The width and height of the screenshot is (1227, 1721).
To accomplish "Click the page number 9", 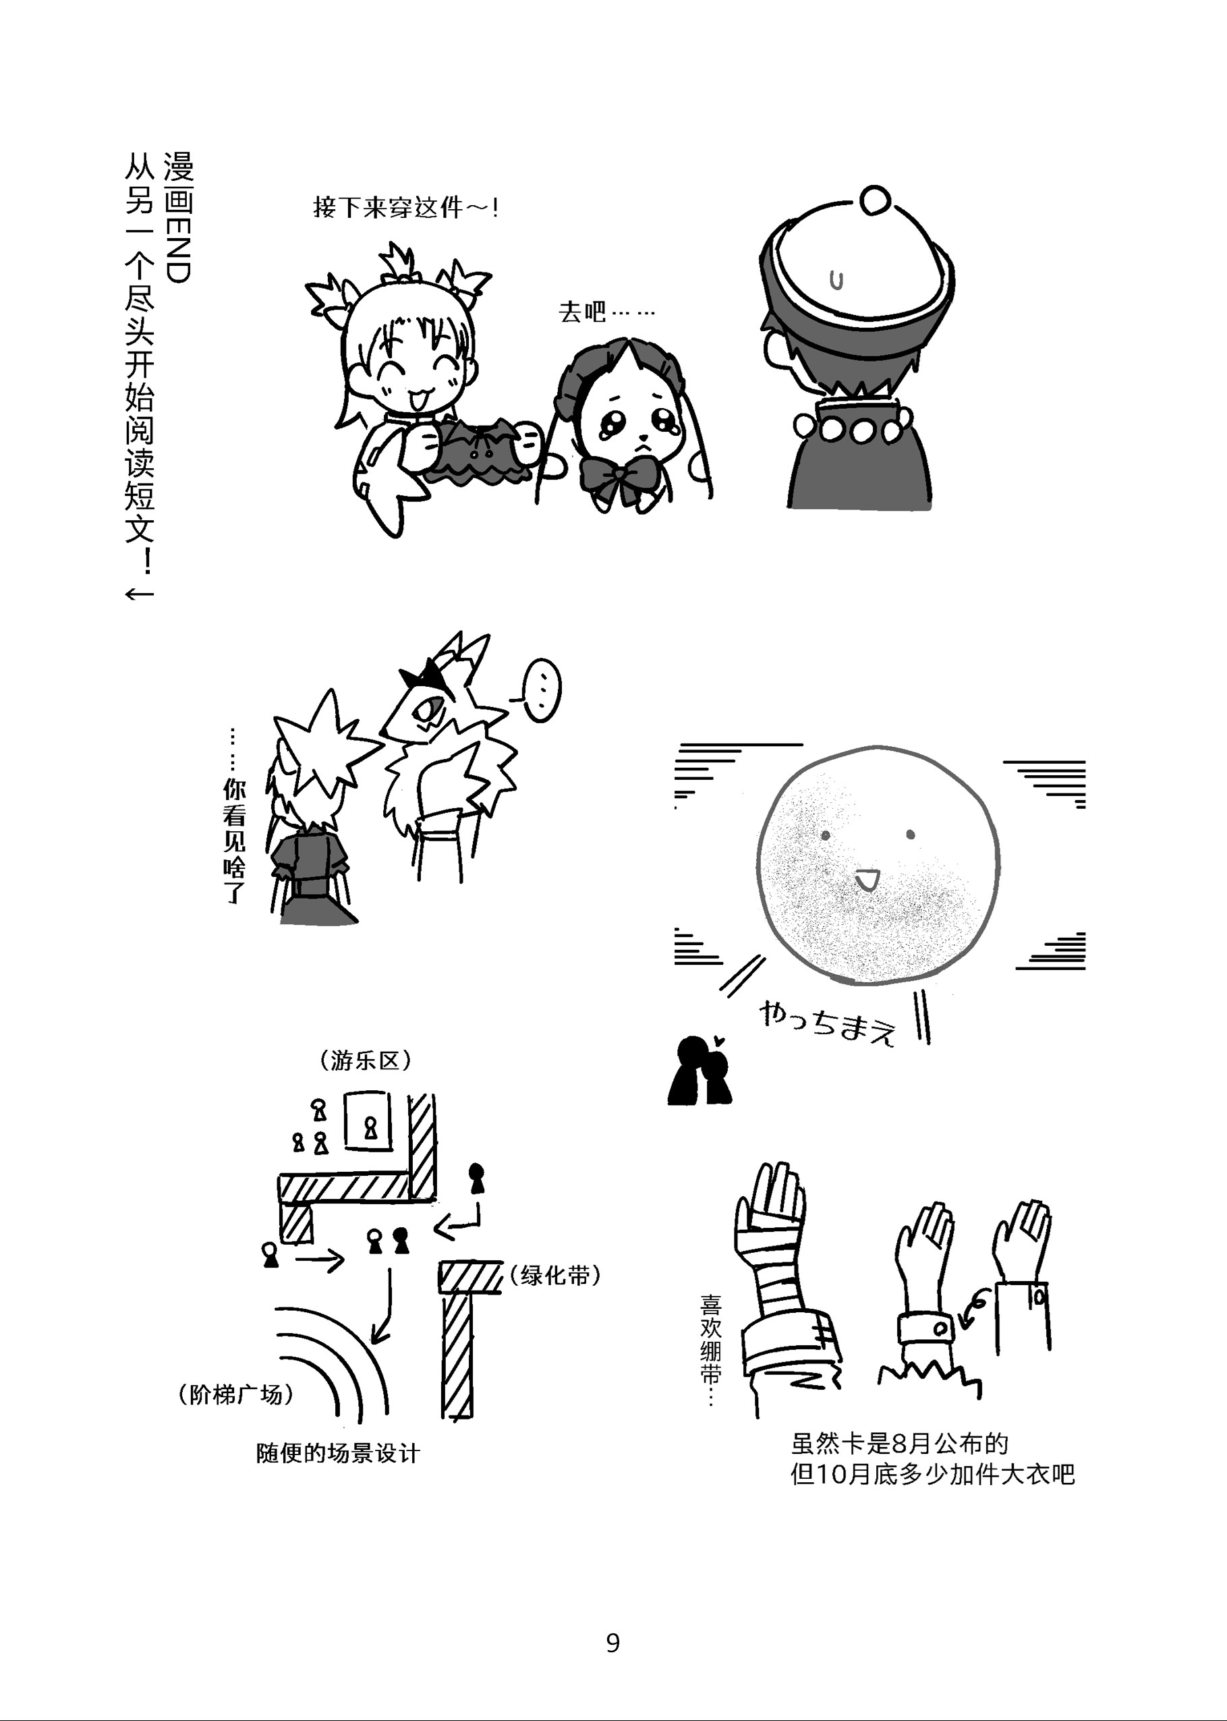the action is [612, 1643].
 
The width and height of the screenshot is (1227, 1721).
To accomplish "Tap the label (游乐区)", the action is [366, 1061].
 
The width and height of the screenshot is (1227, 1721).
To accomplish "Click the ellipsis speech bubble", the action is [541, 689].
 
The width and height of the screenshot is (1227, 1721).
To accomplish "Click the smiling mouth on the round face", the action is [866, 879].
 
